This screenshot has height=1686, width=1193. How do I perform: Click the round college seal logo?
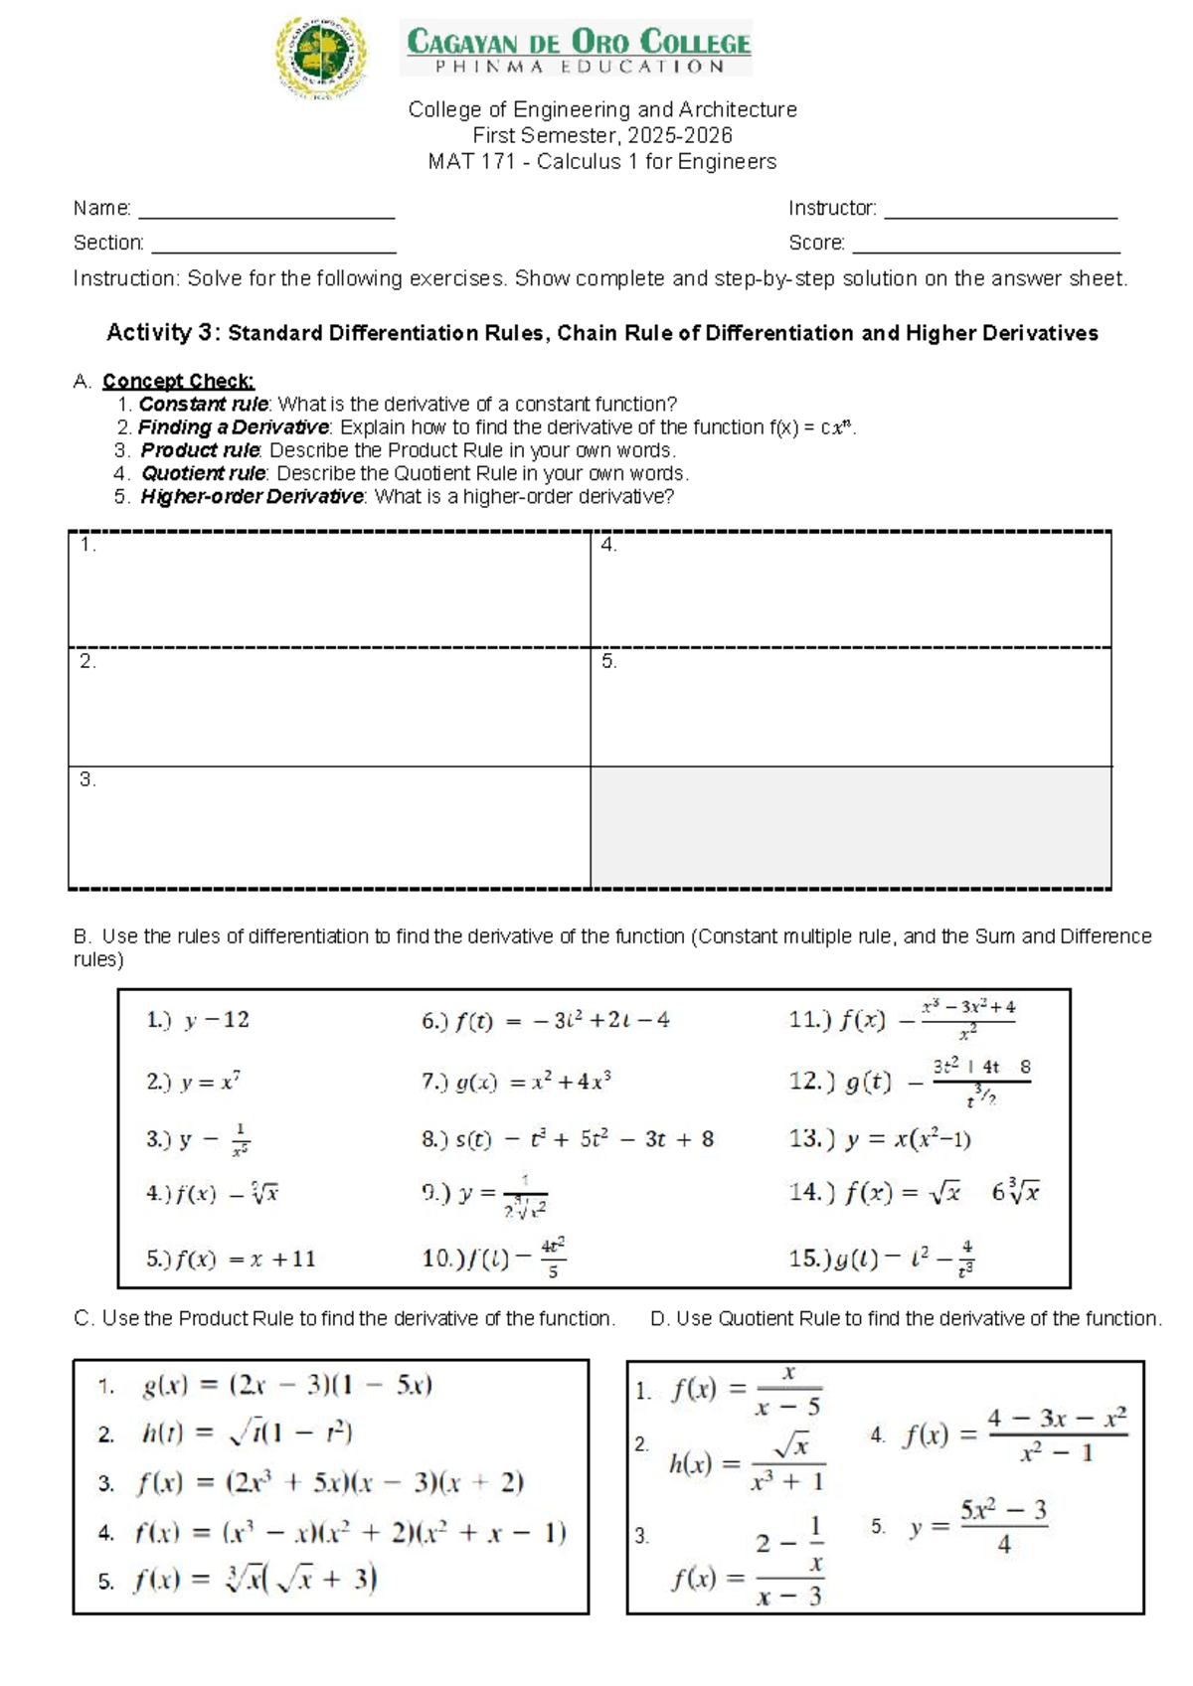point(320,58)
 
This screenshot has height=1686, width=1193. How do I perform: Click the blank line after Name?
point(266,211)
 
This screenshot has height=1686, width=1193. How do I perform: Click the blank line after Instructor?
point(1000,211)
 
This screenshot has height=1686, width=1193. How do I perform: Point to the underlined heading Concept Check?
point(178,381)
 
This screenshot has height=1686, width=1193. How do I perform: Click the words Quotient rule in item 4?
point(203,473)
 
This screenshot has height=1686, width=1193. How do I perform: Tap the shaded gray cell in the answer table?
point(851,827)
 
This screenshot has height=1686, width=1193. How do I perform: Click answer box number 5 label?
point(609,661)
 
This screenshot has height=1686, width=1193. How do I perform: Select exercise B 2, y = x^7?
point(195,1082)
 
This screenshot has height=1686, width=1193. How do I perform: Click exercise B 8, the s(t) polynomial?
point(568,1139)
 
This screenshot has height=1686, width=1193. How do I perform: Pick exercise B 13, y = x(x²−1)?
point(881,1139)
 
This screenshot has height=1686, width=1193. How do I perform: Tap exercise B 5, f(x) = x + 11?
point(231,1259)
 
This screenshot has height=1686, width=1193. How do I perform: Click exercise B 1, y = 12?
point(198,1020)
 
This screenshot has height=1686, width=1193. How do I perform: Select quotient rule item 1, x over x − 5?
point(746,1390)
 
